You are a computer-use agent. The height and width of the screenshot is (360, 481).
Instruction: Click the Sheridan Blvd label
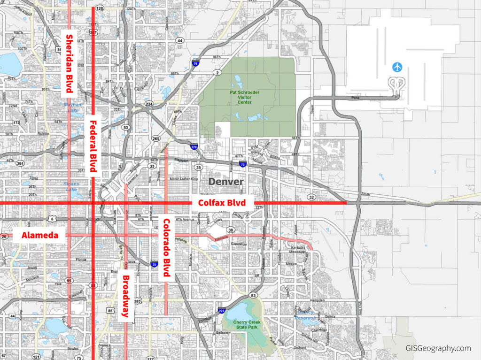coord(70,63)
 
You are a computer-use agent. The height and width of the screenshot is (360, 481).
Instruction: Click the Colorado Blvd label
coord(166,247)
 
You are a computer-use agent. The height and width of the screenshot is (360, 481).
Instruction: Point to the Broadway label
coord(125,296)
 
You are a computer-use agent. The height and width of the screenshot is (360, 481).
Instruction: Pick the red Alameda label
coord(39,235)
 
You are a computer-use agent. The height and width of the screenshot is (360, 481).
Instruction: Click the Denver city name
coord(226,182)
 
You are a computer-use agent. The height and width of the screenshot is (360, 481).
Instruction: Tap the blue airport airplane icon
coord(397,67)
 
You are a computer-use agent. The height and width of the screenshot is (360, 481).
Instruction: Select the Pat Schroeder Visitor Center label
coord(245,97)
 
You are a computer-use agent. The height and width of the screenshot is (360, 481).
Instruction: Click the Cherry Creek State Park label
coord(240,324)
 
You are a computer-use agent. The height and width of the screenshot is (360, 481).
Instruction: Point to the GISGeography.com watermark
coord(438,348)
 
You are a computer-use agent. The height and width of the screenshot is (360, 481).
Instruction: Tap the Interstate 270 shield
coord(194,146)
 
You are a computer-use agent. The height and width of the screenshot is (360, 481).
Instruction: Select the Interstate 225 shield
coord(221,310)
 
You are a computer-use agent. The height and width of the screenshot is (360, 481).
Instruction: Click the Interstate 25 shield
coord(154,265)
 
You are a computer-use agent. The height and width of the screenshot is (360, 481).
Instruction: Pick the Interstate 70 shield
coord(242,164)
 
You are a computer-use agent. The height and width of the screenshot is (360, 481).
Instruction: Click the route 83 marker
coord(254,295)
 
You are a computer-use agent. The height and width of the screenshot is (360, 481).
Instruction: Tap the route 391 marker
coord(20,163)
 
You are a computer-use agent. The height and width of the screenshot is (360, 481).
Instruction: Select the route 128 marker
coord(99,8)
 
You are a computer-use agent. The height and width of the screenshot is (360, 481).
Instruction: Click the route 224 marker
coord(149,104)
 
